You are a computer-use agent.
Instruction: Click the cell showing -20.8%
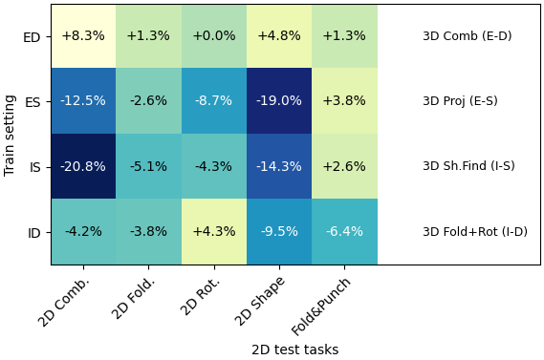coord(83,166)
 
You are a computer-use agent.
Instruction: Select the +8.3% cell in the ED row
coord(83,36)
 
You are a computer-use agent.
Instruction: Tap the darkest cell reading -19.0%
coord(278,101)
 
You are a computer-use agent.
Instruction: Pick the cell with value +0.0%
coord(213,36)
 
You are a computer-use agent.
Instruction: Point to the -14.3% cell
coord(278,166)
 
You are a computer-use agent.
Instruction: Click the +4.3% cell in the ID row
coord(213,231)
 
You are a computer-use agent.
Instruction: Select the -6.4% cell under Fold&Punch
coord(344,231)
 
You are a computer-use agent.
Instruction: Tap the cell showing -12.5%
coord(83,101)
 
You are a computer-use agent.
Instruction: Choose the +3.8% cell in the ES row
coord(344,101)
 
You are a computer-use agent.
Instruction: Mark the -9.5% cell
coord(278,231)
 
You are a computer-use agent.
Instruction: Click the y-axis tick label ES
coord(33,102)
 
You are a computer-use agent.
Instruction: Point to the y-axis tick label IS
coord(35,167)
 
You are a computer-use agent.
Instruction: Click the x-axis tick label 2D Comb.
coord(64,301)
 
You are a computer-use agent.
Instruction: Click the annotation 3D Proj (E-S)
coord(460,101)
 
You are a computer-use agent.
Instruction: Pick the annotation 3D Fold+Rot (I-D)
coord(474,232)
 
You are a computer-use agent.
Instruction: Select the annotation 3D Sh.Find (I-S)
coord(468,166)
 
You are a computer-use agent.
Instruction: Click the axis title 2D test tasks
coord(294,349)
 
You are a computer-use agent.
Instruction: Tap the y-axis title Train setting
coord(11,135)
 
